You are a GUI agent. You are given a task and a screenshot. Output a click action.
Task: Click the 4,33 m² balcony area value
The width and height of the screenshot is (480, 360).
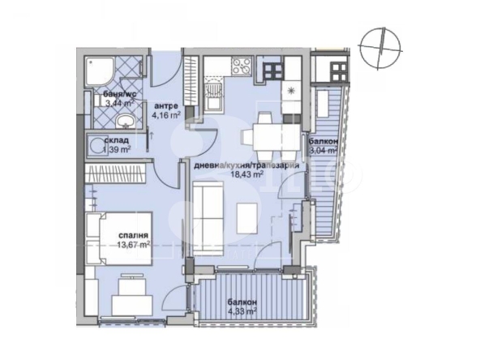coord(241,310)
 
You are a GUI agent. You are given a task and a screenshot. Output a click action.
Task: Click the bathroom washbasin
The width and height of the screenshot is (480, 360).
coord(125,122)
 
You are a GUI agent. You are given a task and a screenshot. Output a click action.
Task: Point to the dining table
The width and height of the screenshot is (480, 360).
coord(264,133)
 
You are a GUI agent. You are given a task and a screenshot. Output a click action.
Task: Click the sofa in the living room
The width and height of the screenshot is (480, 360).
coord(209,214)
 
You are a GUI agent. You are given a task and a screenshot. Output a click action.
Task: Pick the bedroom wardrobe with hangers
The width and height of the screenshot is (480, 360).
coord(116,173)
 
